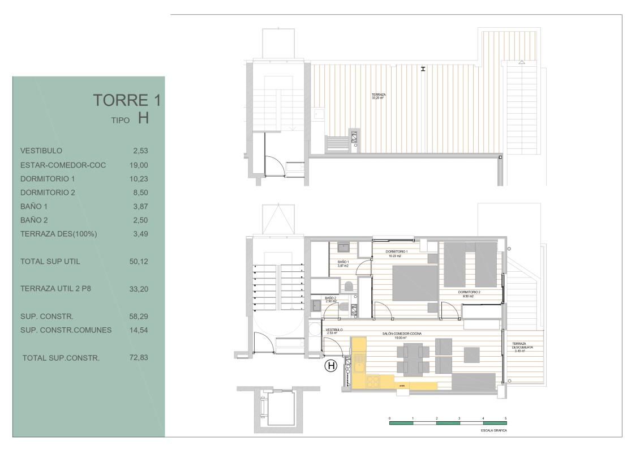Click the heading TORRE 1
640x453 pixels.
(127, 100)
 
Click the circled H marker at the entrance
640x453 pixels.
(330, 366)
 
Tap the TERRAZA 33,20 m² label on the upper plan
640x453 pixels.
(379, 96)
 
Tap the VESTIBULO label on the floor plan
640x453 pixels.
(334, 330)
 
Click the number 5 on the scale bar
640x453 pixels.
(505, 418)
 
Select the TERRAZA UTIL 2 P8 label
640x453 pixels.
(55, 288)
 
